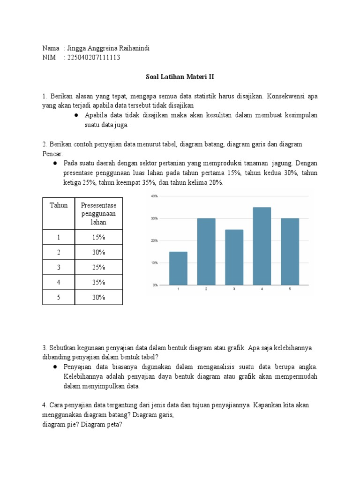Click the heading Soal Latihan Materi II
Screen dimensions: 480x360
click(180, 77)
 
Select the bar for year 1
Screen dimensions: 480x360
click(178, 268)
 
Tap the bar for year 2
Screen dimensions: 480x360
click(206, 251)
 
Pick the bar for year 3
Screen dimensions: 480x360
click(234, 257)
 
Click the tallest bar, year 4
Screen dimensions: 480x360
click(262, 246)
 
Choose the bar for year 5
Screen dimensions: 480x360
click(290, 251)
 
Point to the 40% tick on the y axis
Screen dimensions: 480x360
click(154, 196)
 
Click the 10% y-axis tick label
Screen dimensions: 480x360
click(154, 262)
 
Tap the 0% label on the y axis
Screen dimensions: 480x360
click(155, 285)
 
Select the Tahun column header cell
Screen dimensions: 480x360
click(59, 205)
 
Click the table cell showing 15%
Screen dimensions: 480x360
click(99, 237)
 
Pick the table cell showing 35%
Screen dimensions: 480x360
click(99, 282)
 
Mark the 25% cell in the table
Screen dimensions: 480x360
click(99, 267)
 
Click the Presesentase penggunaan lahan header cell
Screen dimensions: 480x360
click(99, 213)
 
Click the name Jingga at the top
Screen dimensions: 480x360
click(77, 48)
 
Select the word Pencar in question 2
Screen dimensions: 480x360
click(48, 153)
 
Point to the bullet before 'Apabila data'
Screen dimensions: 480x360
click(75, 115)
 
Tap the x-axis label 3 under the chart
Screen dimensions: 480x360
click(234, 289)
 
